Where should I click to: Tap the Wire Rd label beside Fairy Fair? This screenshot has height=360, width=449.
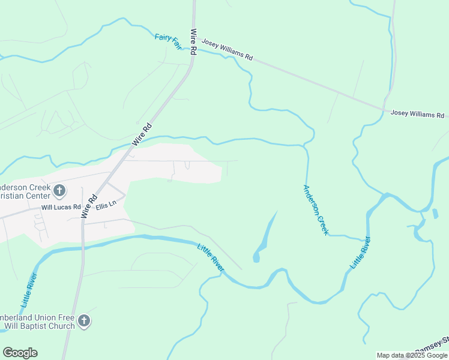coord(193,43)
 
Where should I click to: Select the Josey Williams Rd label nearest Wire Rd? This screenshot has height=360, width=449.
coord(227,50)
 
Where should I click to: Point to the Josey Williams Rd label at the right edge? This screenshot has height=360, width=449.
coord(417,114)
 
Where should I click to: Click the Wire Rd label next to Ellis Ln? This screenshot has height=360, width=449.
coord(89,208)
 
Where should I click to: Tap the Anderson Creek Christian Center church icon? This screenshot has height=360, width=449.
coord(59,191)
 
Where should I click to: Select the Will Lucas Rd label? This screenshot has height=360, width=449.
coord(61,208)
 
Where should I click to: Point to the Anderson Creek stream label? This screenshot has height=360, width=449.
coord(316,209)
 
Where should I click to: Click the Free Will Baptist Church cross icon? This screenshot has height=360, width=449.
coord(84,321)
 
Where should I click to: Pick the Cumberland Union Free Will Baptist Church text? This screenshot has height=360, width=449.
coord(37,322)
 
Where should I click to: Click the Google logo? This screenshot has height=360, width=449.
coord(20,353)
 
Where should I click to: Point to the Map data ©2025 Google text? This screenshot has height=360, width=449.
coord(412,355)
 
